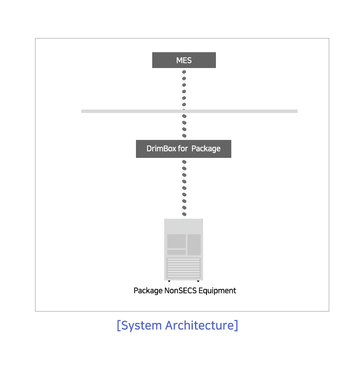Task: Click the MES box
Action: tap(184, 60)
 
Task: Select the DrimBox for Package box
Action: tap(184, 149)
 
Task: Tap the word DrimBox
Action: tap(161, 148)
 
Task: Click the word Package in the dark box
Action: tap(206, 149)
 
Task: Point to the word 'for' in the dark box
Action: tap(183, 148)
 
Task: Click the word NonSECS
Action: tap(180, 291)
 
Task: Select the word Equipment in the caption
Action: tap(217, 291)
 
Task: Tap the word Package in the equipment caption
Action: tap(148, 291)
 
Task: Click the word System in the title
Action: tap(142, 326)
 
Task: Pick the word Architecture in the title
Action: tap(200, 325)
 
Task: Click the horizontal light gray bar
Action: tap(189, 111)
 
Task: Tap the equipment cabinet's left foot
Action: tap(169, 281)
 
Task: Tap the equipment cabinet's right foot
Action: tap(198, 281)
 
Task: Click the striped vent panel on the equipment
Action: tap(184, 268)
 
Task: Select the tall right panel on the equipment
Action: tap(194, 245)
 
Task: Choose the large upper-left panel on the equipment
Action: tap(176, 241)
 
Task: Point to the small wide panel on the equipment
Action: tap(176, 252)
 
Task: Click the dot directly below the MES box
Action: tap(184, 72)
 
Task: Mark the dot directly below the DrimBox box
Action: tap(184, 162)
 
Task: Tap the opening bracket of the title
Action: tap(119, 326)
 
